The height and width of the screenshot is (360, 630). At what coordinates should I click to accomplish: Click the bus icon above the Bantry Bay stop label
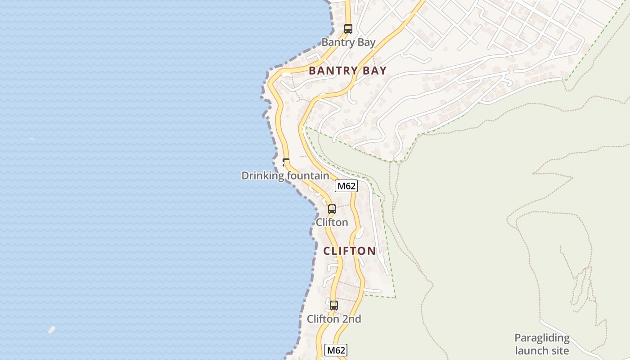[x=348, y=29]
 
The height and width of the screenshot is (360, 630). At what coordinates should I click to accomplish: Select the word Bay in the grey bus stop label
[x=366, y=43]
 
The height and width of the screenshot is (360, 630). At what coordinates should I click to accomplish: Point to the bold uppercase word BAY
[x=374, y=71]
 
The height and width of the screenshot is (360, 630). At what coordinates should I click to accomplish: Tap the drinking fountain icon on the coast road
[x=285, y=162]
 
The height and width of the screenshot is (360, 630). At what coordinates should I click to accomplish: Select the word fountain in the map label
[x=306, y=175]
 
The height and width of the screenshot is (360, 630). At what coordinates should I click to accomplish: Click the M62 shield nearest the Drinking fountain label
[x=346, y=186]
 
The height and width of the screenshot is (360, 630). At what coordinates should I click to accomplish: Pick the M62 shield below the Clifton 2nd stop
[x=336, y=350]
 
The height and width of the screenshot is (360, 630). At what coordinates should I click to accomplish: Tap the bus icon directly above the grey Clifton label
[x=332, y=209]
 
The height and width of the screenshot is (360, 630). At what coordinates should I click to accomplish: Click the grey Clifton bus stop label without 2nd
[x=332, y=222]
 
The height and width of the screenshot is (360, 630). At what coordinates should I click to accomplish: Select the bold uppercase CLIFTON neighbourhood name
[x=350, y=251]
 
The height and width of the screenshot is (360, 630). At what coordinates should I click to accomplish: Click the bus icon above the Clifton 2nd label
[x=333, y=305]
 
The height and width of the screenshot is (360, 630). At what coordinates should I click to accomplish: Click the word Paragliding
[x=542, y=338]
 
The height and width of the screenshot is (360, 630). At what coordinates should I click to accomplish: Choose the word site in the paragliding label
[x=560, y=351]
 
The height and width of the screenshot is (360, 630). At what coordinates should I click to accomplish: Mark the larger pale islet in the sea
[x=52, y=329]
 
